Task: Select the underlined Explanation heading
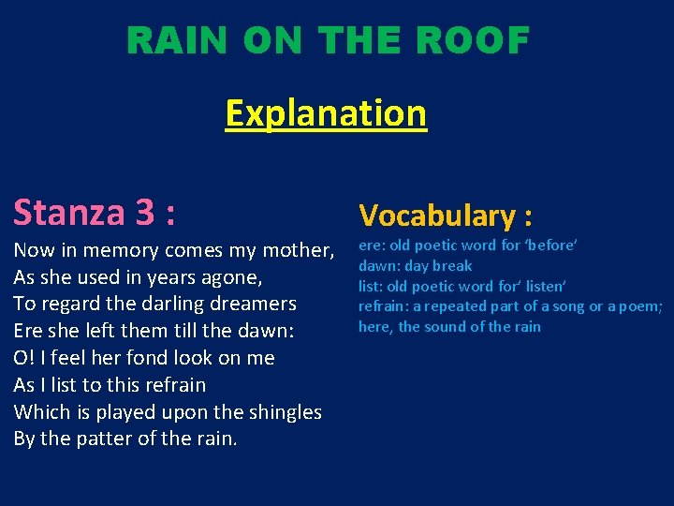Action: tap(326, 113)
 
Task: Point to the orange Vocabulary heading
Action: tap(446, 216)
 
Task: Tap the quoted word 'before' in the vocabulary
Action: tap(549, 245)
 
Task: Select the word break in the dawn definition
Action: tap(453, 265)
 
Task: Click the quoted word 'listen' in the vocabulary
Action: tap(541, 286)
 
